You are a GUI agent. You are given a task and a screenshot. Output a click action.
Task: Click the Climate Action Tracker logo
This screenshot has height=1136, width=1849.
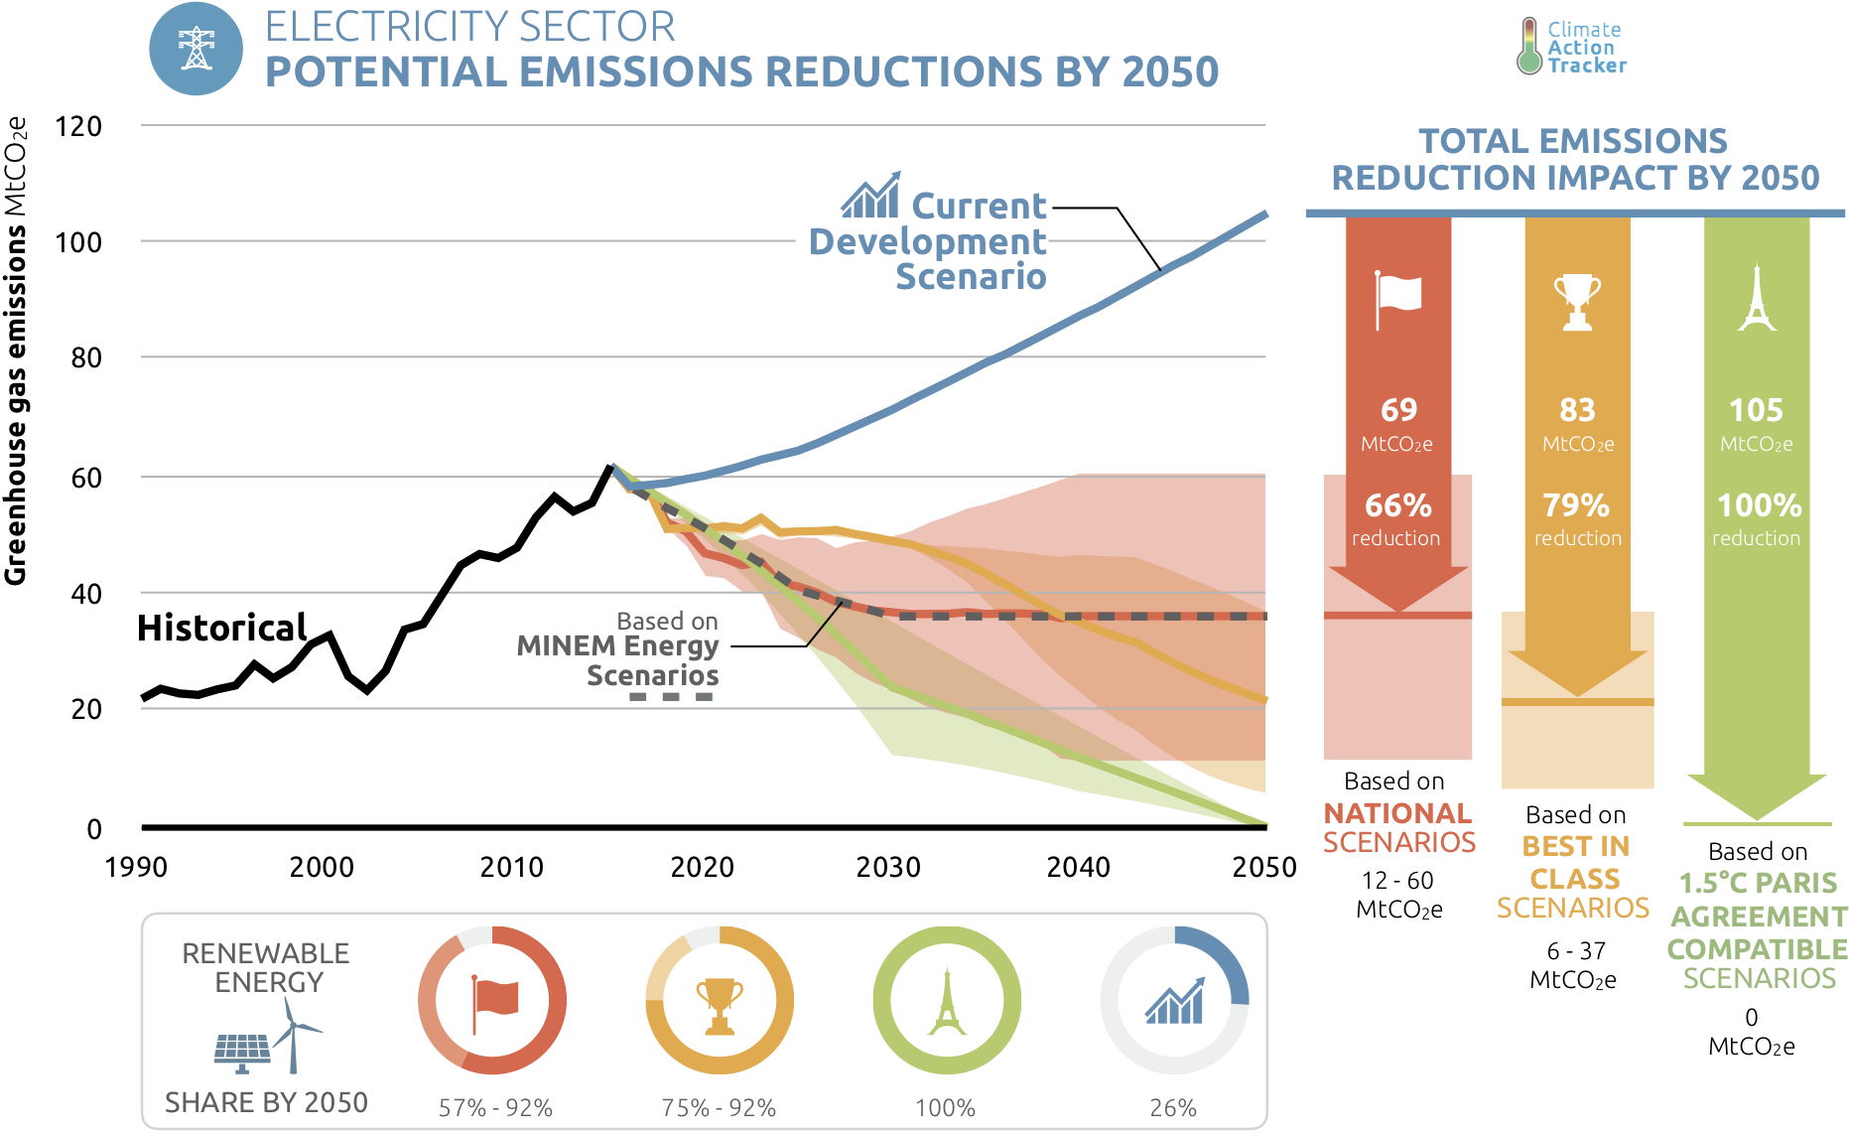pyautogui.click(x=1572, y=47)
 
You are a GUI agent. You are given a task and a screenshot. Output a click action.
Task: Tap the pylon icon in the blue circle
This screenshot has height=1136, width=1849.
pyautogui.click(x=197, y=49)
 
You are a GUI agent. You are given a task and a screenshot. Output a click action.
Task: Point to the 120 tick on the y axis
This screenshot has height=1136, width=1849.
pyautogui.click(x=79, y=127)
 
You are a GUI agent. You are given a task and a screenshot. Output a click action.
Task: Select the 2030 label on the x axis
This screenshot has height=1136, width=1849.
pyautogui.click(x=888, y=867)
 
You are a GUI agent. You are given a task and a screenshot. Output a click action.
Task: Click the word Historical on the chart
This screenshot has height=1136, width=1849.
pyautogui.click(x=221, y=628)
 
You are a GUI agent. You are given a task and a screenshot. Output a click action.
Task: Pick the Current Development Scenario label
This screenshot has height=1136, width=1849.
pyautogui.click(x=943, y=241)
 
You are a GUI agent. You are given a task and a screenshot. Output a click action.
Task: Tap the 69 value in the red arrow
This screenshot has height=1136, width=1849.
pyautogui.click(x=1398, y=409)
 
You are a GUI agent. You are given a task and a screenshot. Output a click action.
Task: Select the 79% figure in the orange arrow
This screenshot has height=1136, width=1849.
pyautogui.click(x=1576, y=505)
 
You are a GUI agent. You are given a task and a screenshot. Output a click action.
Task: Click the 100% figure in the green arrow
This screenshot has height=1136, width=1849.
pyautogui.click(x=1759, y=505)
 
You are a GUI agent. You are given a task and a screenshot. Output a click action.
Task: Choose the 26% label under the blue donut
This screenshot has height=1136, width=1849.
pyautogui.click(x=1173, y=1108)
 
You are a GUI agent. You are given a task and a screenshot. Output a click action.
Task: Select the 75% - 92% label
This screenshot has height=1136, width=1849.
pyautogui.click(x=719, y=1108)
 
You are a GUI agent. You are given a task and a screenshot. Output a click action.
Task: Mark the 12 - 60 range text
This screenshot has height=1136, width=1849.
pyautogui.click(x=1397, y=881)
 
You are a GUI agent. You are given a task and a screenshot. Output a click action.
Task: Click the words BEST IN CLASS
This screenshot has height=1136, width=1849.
pyautogui.click(x=1575, y=863)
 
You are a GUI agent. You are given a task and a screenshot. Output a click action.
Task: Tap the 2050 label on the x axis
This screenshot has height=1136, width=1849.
pyautogui.click(x=1263, y=867)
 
